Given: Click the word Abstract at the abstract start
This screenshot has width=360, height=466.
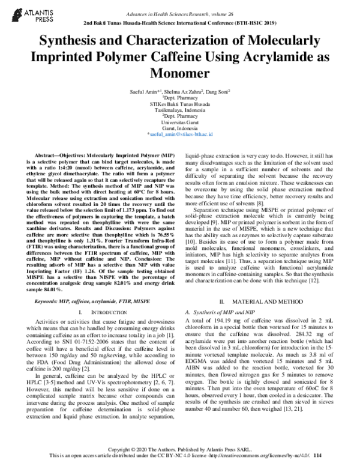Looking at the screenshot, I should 49,154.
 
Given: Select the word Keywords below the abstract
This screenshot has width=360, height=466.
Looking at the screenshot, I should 47,298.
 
